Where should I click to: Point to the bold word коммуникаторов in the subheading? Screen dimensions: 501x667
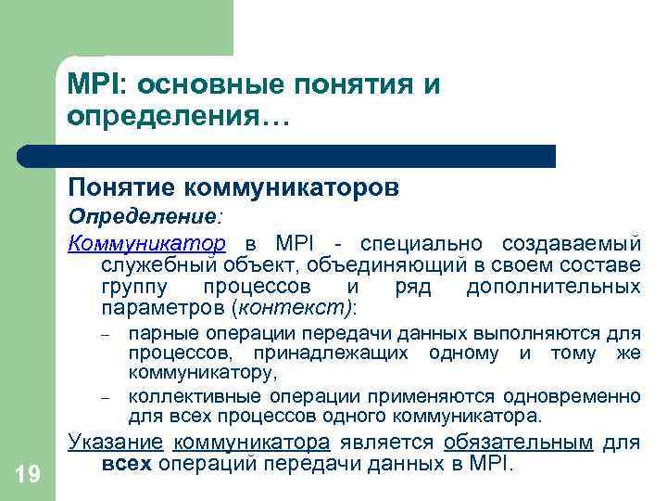(x=292, y=188)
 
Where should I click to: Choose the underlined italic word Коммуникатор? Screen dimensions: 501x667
(x=146, y=244)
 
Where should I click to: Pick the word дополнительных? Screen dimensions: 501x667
(x=553, y=287)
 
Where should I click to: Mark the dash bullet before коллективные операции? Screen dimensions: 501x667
(x=106, y=398)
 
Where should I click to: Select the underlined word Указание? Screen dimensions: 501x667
(x=116, y=443)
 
